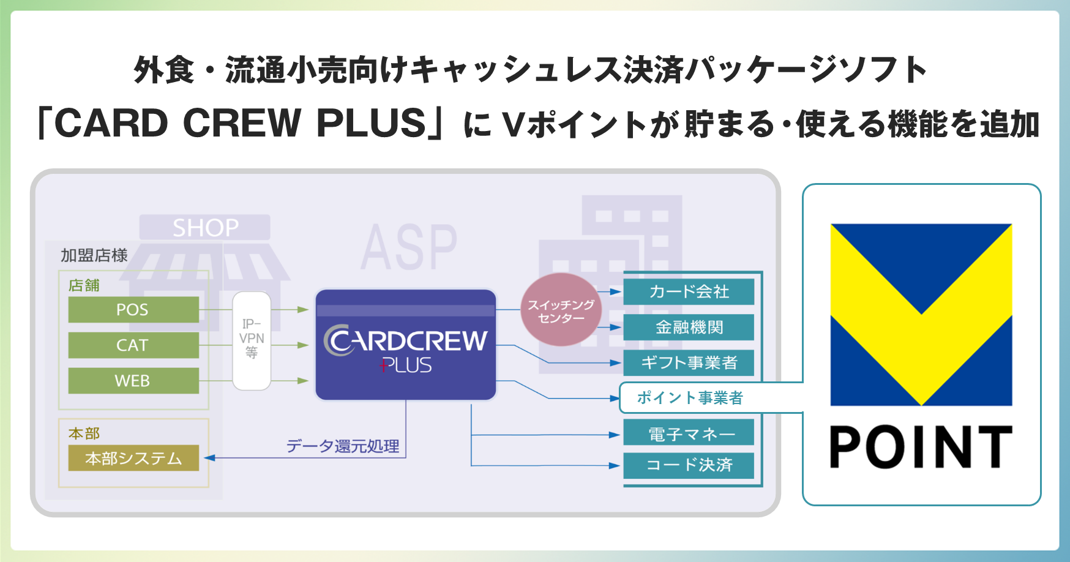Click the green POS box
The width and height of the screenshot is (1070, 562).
tap(133, 310)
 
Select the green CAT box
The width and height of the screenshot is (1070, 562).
tap(133, 345)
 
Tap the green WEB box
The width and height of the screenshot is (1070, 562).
tap(133, 381)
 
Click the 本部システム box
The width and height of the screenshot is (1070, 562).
tap(133, 458)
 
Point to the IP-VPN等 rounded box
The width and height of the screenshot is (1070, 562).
tap(252, 340)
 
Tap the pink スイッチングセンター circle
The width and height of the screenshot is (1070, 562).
tap(561, 310)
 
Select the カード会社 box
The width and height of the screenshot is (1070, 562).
tap(689, 291)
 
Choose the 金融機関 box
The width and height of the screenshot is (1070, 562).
tap(689, 327)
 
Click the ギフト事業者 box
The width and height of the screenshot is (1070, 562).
tap(689, 362)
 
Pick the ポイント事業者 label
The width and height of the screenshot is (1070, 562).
tap(690, 398)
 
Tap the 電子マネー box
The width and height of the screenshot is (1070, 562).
tap(689, 433)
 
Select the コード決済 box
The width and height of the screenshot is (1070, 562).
tap(689, 465)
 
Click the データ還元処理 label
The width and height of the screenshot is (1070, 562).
tap(343, 446)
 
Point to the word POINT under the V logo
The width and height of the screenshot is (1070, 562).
tap(921, 448)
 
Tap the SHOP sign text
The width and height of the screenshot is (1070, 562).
tap(205, 228)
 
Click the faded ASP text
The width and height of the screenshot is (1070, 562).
tap(408, 247)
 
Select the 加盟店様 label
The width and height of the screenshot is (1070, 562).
tap(94, 255)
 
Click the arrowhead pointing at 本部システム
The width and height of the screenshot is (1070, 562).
tap(209, 458)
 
